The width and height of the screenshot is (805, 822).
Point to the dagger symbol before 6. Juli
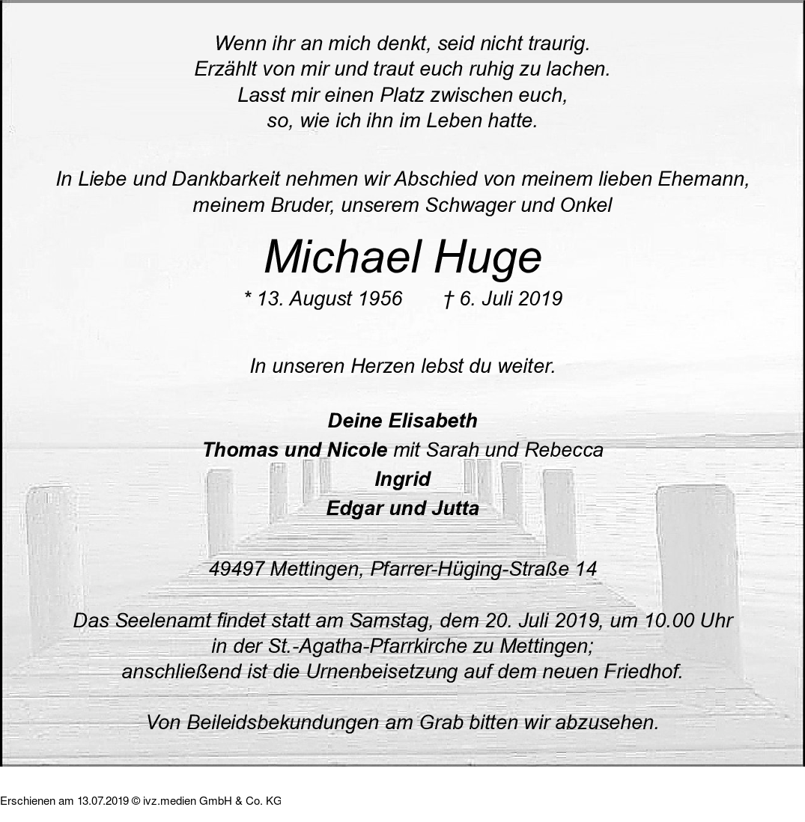click(x=448, y=299)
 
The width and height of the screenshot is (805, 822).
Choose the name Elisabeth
click(x=432, y=421)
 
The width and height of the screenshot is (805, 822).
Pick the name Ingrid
click(x=403, y=479)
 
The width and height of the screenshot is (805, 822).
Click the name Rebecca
click(x=564, y=450)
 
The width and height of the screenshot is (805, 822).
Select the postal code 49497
click(x=236, y=569)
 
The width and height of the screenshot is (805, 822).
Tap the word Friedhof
click(x=645, y=672)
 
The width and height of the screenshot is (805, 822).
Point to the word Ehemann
click(x=703, y=180)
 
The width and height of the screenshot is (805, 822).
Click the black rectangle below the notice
click(x=141, y=794)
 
